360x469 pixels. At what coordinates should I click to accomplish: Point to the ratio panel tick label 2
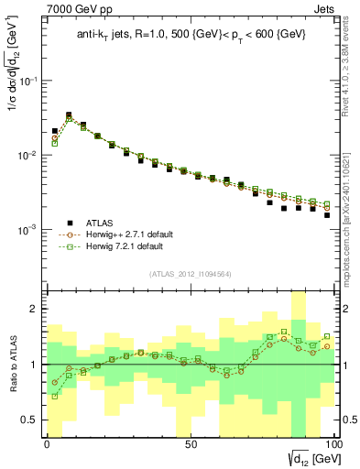click(34, 310)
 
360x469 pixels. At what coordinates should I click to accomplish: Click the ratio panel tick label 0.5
click(30, 420)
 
